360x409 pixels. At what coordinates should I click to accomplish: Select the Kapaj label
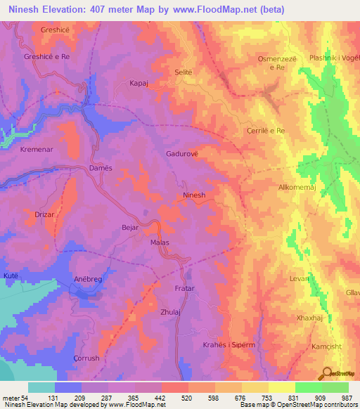pos(138,83)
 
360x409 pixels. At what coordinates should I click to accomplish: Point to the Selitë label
pos(183,72)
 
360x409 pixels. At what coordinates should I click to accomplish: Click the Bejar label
pos(130,228)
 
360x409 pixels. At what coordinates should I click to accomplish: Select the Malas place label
pos(160,242)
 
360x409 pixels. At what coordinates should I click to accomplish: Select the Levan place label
pos(300,279)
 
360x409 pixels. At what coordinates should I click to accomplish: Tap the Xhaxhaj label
pos(309,318)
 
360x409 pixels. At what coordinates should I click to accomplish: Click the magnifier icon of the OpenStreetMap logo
pos(326,372)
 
